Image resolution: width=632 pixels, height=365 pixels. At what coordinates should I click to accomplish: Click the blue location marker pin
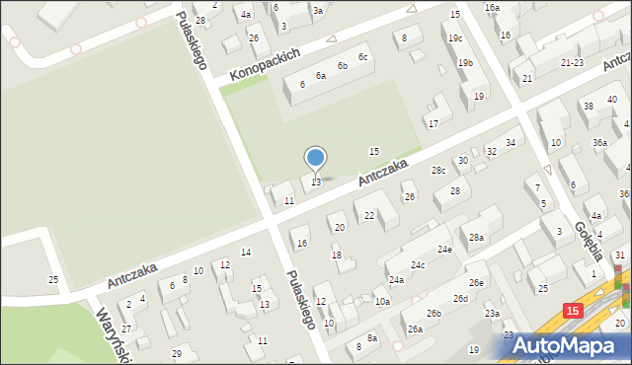coord(316,159)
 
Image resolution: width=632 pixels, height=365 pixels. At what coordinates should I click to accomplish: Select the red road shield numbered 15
coord(573,310)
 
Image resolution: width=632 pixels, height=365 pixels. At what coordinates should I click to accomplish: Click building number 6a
coord(320,76)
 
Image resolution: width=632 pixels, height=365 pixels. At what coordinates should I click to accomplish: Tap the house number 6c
coord(363,57)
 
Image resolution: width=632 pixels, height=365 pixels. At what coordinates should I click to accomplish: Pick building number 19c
coord(454,38)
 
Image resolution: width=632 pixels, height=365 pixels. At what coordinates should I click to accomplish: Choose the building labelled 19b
coord(465,63)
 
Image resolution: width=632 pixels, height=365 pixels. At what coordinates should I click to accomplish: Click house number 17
coord(433,123)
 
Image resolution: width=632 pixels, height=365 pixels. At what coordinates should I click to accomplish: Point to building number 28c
coord(438,171)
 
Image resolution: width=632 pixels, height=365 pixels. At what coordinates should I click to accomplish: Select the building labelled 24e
coord(445,250)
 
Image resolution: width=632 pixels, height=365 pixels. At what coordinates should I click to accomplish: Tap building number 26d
coord(460,298)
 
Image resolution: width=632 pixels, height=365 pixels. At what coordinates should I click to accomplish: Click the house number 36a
coord(599,143)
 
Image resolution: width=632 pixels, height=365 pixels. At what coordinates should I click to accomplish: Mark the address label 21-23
coord(571,62)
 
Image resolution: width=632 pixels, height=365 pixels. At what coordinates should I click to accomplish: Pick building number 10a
coord(381,302)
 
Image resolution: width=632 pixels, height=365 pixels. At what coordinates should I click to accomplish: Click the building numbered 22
coord(368,215)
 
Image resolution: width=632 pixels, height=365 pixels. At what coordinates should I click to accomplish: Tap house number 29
coord(177,353)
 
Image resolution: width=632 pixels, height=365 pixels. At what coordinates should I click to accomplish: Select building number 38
coord(588,106)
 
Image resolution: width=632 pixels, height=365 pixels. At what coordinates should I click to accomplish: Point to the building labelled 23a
coord(491,314)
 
